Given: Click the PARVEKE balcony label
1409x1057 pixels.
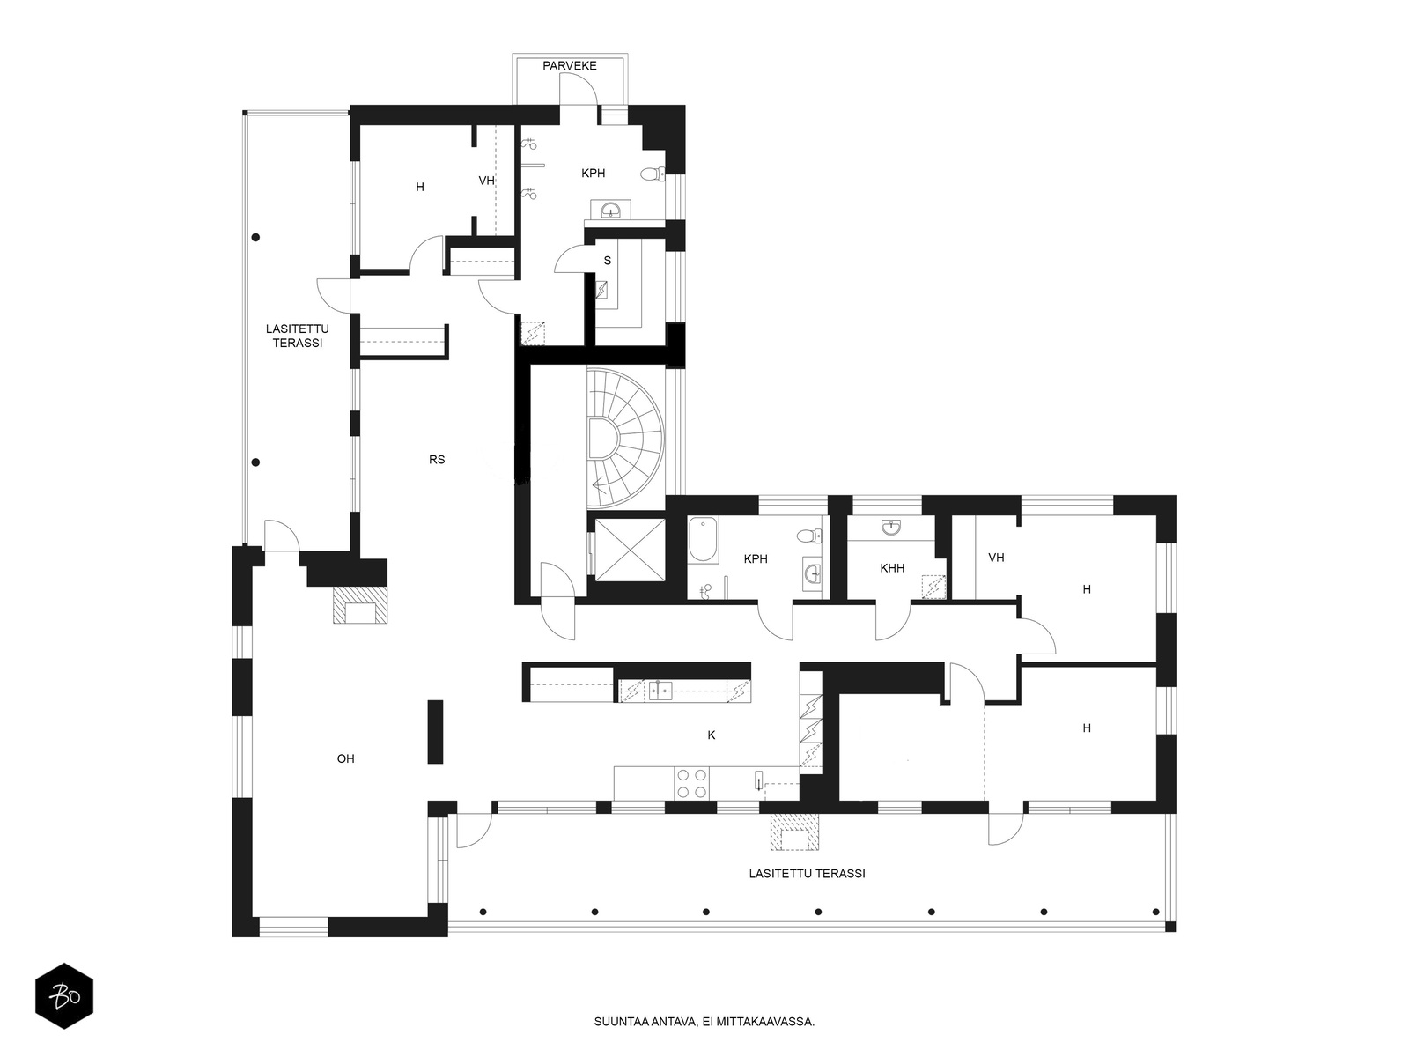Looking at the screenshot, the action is (570, 65).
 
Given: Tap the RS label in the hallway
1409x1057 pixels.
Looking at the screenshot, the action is (437, 460).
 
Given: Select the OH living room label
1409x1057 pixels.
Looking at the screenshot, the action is (345, 758).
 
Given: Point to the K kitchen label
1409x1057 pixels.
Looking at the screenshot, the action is (712, 735).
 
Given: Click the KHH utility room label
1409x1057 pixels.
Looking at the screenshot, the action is (891, 568).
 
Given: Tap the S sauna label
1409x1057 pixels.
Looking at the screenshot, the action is (608, 261).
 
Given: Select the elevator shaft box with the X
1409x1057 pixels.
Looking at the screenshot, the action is (630, 550).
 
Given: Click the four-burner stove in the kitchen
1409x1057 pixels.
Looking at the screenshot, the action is (691, 783).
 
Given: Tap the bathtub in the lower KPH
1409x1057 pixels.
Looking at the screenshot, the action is (703, 540).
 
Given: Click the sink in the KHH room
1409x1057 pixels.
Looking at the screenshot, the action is (891, 528).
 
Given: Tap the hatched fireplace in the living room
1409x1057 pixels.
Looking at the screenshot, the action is (360, 605).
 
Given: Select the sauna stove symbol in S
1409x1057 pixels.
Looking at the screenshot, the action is (602, 290).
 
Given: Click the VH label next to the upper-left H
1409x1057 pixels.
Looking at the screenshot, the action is (487, 181).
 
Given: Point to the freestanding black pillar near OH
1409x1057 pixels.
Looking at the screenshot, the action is (435, 732).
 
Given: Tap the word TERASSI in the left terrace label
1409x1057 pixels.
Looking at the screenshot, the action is (297, 343).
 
